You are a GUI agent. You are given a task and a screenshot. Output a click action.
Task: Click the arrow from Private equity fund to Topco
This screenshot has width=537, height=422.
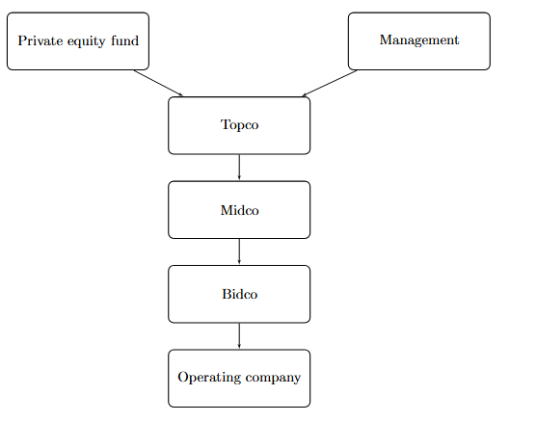point(159,83)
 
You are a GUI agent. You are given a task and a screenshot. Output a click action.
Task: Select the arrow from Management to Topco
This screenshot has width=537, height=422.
point(329,83)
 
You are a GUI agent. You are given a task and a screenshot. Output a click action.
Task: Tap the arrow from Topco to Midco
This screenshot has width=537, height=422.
point(239,168)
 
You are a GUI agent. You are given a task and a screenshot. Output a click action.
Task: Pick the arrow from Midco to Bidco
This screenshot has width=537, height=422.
point(239,251)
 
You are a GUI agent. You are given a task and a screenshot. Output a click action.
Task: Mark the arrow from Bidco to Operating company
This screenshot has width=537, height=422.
point(239,336)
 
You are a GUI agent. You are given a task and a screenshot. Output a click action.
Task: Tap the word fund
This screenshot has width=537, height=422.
point(123,40)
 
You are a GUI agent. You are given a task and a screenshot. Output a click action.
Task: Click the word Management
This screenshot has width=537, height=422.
point(418,40)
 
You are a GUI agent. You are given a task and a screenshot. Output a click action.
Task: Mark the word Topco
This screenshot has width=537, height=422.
point(239,125)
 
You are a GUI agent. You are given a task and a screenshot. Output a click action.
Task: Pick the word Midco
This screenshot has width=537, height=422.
point(239,209)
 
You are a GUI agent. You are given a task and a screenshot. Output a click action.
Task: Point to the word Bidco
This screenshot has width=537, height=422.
point(239,294)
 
